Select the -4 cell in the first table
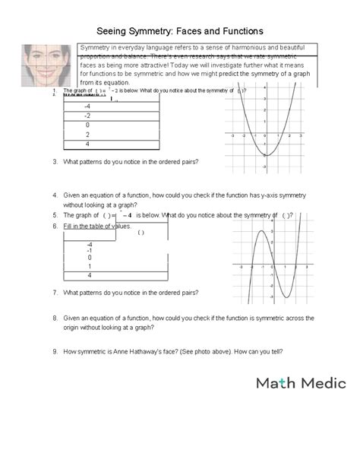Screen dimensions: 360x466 (87, 106)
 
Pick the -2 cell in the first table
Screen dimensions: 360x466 (87, 116)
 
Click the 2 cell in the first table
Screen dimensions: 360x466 (87, 135)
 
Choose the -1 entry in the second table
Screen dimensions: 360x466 (89, 250)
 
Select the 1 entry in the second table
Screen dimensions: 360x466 (89, 266)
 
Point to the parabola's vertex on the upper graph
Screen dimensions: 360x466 (265, 155)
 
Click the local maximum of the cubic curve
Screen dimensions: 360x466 (259, 230)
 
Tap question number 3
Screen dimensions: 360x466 (55, 162)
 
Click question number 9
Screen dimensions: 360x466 (55, 351)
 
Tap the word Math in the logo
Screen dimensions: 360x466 (273, 384)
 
